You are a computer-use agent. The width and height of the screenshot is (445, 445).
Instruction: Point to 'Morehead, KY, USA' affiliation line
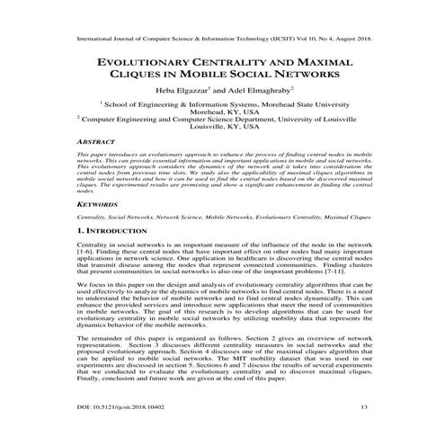[x=222, y=114]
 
